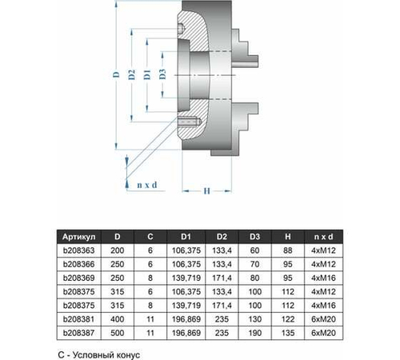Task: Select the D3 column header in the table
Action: [x=254, y=236]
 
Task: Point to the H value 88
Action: [x=288, y=250]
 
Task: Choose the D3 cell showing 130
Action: [x=254, y=318]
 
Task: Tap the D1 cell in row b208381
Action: [x=185, y=318]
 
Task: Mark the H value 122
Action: [x=288, y=318]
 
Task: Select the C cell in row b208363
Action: [x=151, y=250]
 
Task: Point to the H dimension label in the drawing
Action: [x=206, y=191]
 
